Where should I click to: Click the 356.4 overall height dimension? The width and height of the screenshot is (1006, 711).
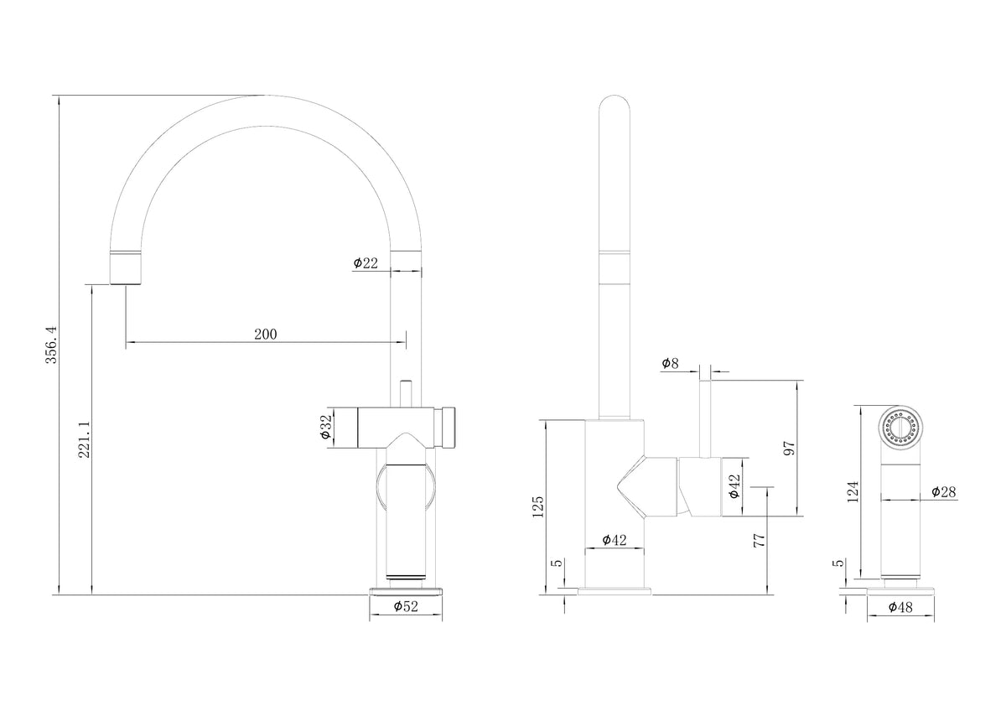pyautogui.click(x=52, y=345)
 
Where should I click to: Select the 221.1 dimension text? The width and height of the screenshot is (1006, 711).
pyautogui.click(x=85, y=439)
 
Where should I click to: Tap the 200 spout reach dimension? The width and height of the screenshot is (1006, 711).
pyautogui.click(x=266, y=335)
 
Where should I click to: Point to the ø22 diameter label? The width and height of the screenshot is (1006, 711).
pyautogui.click(x=366, y=262)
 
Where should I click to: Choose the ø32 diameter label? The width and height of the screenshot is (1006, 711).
pyautogui.click(x=325, y=427)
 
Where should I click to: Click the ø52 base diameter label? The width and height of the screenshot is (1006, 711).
pyautogui.click(x=406, y=606)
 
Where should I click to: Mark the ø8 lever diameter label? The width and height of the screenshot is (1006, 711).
pyautogui.click(x=670, y=363)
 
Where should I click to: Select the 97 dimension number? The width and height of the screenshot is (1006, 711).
pyautogui.click(x=789, y=448)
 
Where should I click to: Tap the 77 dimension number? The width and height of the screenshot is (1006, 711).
pyautogui.click(x=759, y=540)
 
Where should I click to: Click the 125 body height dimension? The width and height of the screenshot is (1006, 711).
pyautogui.click(x=537, y=506)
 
